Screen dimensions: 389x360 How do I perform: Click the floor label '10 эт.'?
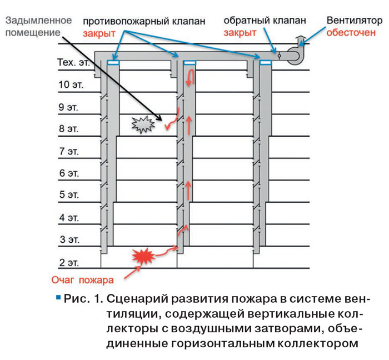click(71, 85)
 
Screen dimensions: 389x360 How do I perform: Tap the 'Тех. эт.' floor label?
click(73, 62)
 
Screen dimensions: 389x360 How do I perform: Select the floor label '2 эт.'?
click(69, 262)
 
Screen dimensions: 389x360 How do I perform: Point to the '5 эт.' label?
click(69, 194)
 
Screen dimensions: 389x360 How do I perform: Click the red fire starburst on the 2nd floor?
click(143, 256)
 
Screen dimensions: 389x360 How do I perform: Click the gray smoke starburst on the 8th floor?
click(143, 124)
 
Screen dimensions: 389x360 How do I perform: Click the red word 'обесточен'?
click(351, 32)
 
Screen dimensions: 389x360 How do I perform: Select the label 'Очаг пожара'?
click(82, 280)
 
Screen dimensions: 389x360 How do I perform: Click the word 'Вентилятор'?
click(355, 21)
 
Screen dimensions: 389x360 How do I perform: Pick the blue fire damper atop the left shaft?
click(113, 62)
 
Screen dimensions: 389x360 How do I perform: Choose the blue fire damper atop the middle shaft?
click(189, 62)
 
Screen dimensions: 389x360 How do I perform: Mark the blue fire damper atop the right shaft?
click(266, 62)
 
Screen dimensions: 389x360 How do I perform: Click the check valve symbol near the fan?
click(280, 56)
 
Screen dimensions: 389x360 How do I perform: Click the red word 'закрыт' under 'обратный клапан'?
click(240, 33)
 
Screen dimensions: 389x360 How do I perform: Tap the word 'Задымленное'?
click(38, 21)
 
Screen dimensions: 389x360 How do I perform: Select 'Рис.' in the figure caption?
click(77, 299)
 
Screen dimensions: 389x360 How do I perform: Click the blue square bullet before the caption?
click(58, 297)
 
